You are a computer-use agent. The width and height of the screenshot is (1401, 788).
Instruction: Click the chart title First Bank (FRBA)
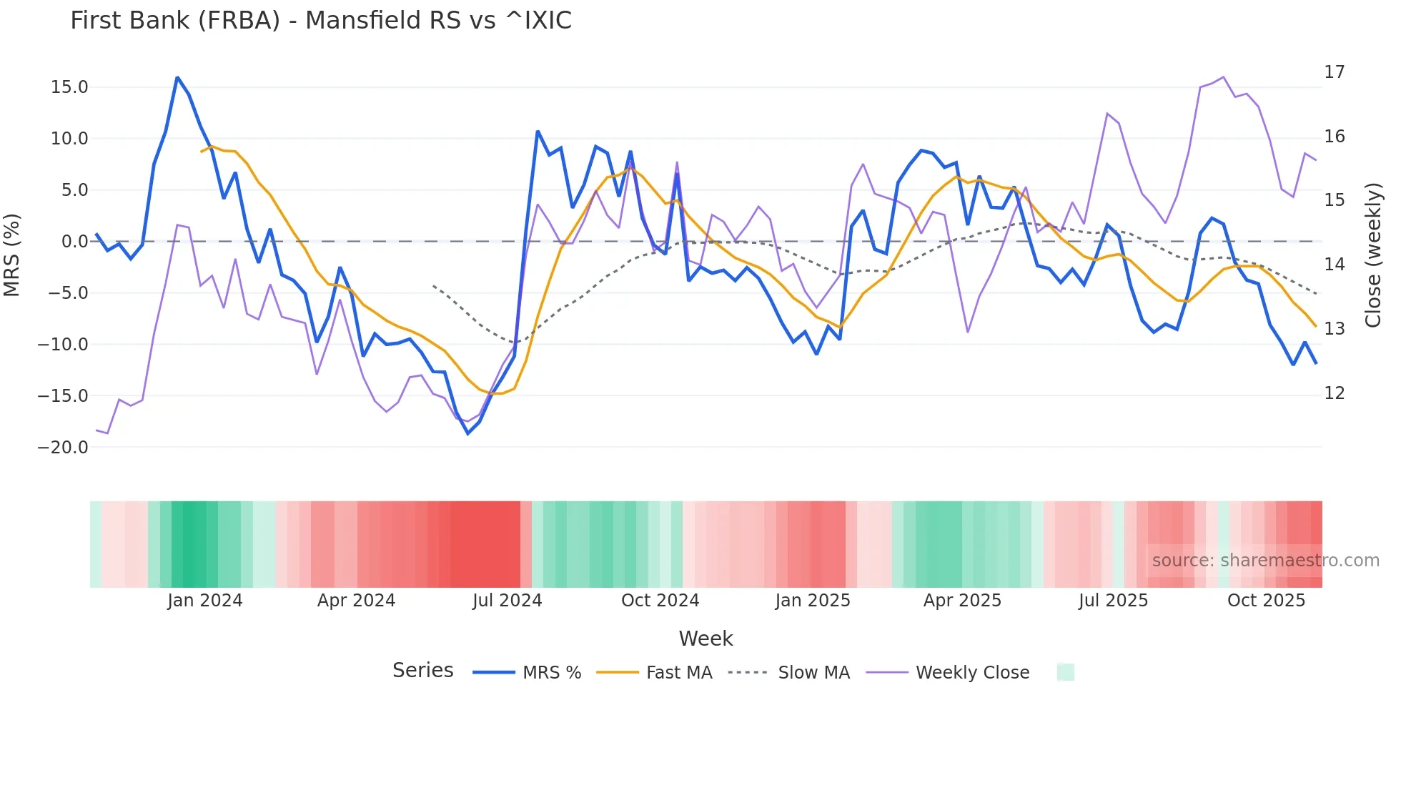[x=320, y=21]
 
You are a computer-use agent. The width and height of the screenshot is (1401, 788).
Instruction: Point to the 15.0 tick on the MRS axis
[x=69, y=87]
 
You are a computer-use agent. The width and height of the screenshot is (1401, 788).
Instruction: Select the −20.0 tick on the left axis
[x=63, y=448]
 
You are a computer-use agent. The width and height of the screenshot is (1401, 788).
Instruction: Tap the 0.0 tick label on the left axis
[x=74, y=242]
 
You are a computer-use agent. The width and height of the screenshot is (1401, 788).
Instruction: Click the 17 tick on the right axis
[x=1334, y=72]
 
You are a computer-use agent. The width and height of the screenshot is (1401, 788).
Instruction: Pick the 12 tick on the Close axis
[x=1334, y=393]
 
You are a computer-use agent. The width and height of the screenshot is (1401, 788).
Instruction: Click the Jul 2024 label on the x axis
[x=507, y=601]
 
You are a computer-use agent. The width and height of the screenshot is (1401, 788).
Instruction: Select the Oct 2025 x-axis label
[x=1266, y=601]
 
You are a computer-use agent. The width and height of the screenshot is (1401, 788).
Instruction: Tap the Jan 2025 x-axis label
[x=813, y=601]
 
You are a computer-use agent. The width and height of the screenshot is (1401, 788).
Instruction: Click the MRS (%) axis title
[x=12, y=255]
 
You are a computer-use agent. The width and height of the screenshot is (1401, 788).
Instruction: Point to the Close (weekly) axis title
[x=1373, y=255]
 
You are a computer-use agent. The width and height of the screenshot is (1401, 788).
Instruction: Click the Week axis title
[x=706, y=639]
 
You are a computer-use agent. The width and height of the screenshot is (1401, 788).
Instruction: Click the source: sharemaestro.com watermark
[x=1265, y=561]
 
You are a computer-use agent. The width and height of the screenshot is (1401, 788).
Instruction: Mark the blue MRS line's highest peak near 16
[x=177, y=77]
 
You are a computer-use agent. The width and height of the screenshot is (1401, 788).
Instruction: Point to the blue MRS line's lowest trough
[x=468, y=433]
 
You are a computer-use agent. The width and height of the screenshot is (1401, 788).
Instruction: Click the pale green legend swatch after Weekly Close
[x=1065, y=672]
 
